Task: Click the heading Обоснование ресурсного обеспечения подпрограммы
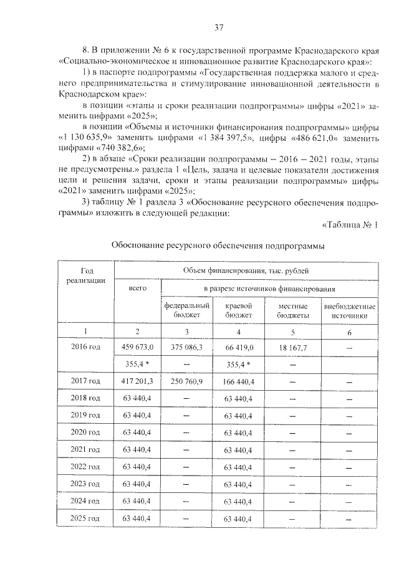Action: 218,246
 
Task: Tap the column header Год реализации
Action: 86,276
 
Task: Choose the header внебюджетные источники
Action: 349,311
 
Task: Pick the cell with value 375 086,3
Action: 187,347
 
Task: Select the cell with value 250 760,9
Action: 187,380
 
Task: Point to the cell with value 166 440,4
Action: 237,380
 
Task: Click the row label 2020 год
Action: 86,432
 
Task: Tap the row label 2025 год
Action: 86,518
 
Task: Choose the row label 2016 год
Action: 86,347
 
